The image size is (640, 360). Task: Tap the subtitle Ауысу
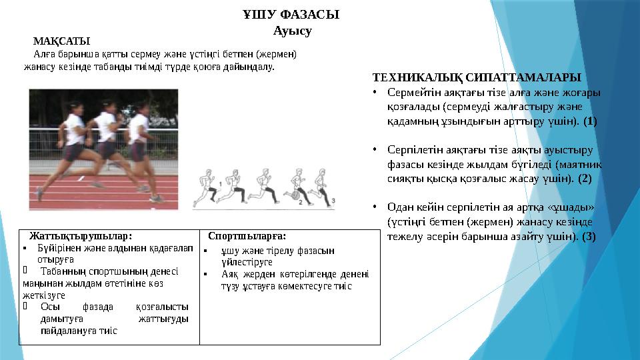click(292, 31)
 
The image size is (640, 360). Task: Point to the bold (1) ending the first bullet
click(590, 122)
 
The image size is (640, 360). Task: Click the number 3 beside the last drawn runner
click(332, 201)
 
